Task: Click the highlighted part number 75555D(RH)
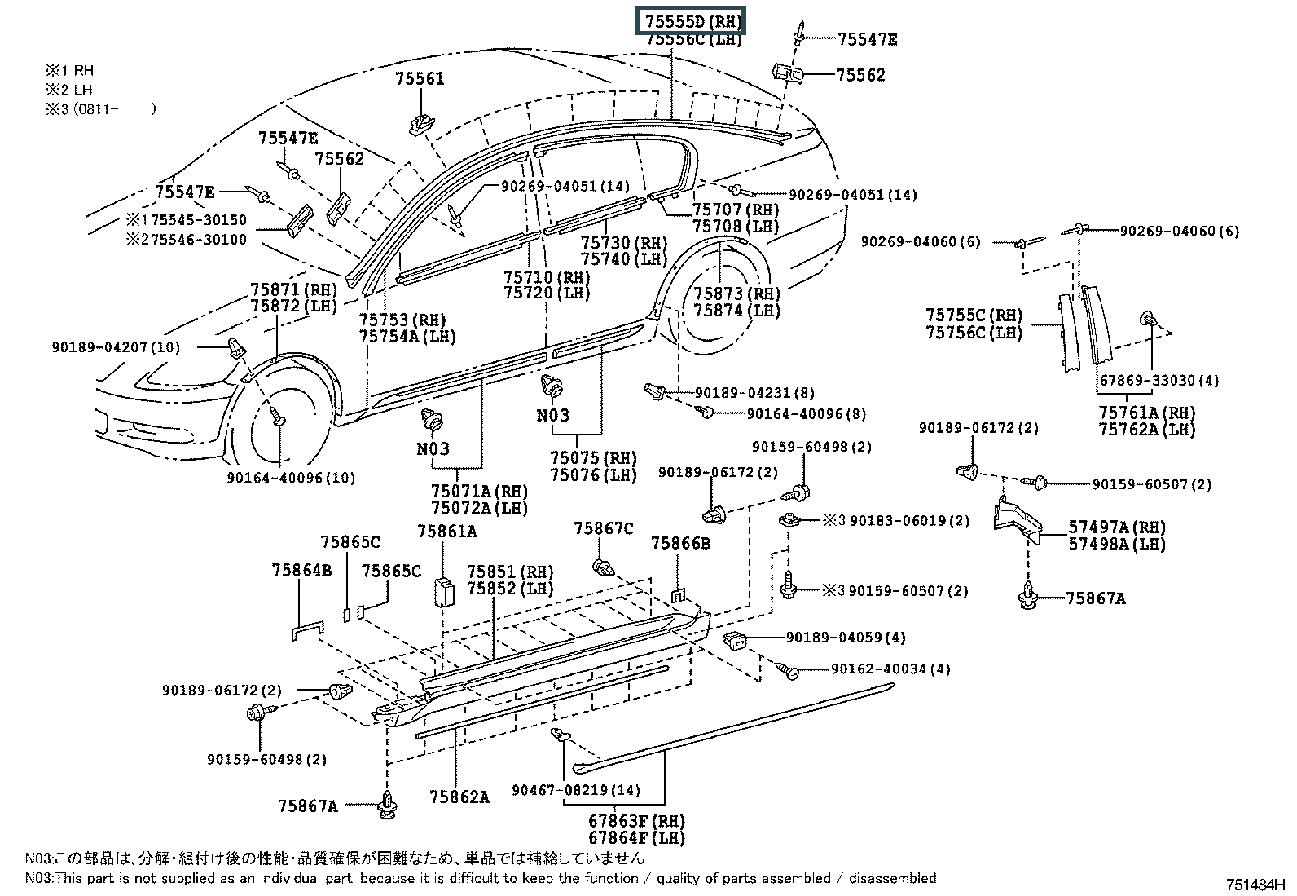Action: click(690, 21)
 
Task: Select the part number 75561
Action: click(420, 79)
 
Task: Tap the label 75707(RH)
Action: click(736, 210)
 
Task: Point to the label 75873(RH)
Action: click(736, 294)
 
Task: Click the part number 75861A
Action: click(446, 532)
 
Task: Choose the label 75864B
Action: click(301, 571)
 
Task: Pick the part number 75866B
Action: click(680, 542)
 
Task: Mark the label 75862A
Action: click(459, 797)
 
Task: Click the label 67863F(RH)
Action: click(636, 821)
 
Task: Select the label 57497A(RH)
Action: click(1117, 527)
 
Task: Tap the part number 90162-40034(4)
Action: click(890, 669)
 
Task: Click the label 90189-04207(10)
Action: click(116, 347)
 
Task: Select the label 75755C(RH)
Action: click(974, 316)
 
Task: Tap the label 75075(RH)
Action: click(593, 458)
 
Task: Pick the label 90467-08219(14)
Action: click(576, 790)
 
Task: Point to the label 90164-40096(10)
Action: click(291, 478)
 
